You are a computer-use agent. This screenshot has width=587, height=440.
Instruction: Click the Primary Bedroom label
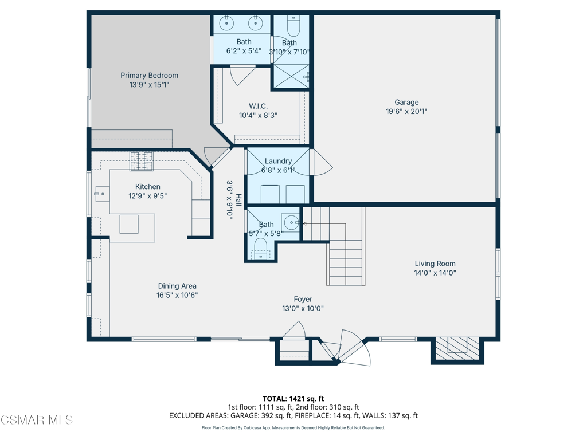coord(149,76)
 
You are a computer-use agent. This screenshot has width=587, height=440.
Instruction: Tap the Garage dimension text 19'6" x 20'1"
coord(406,112)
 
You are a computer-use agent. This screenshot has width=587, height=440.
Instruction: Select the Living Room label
coord(435,264)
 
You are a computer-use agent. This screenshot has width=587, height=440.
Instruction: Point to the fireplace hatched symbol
coord(457,349)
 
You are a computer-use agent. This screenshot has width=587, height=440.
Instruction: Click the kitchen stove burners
coord(142,161)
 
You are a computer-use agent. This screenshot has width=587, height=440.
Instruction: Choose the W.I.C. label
coord(259,106)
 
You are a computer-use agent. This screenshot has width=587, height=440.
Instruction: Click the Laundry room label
coord(278,161)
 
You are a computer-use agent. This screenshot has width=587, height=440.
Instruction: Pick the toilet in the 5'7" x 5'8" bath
coord(261,249)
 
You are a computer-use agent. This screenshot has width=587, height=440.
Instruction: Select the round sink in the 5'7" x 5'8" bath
coord(292,223)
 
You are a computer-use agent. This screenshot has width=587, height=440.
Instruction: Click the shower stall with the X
coord(291,76)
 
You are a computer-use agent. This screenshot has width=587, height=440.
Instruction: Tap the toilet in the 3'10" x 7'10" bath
coord(293,25)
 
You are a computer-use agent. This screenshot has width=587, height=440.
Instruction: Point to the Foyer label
coord(303,299)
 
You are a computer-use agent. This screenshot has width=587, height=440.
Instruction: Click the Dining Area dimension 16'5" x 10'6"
coord(177,295)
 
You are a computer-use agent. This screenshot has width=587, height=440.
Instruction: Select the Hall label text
coord(238,198)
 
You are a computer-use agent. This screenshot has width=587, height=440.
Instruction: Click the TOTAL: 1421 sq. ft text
coord(293,399)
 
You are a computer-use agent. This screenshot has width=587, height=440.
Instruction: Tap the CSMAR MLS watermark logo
coord(37,419)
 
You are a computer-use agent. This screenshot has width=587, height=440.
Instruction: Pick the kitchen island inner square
coord(129,224)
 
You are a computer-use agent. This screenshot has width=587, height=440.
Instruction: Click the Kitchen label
coord(147,187)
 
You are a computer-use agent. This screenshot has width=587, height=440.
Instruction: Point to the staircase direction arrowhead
coord(304,224)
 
